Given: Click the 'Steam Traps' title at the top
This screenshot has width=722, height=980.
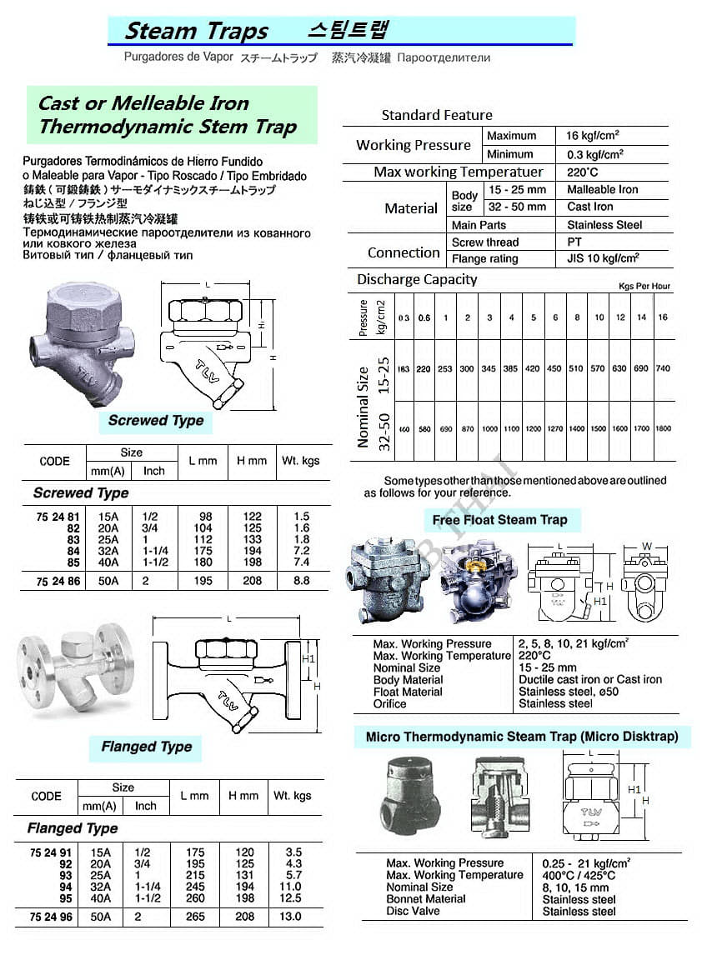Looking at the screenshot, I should click(x=196, y=32).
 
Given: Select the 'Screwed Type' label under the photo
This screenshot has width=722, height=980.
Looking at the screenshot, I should click(x=156, y=421).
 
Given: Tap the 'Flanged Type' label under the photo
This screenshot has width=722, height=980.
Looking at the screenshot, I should click(x=147, y=747).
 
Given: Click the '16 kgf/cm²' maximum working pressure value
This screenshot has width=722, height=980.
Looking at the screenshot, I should click(x=592, y=136).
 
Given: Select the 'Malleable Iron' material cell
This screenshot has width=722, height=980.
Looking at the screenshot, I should click(x=602, y=189).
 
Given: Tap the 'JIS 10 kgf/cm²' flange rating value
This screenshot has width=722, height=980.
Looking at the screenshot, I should click(x=603, y=258).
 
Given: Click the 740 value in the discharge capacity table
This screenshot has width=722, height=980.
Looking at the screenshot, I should click(x=663, y=368).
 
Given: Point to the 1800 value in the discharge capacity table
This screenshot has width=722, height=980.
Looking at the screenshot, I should click(x=663, y=428).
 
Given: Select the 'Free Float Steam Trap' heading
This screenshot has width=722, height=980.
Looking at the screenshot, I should click(x=499, y=520).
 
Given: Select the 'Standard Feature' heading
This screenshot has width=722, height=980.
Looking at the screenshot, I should click(x=437, y=115).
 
